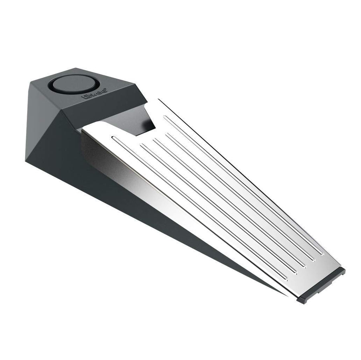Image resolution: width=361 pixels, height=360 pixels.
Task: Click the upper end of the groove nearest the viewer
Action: click(114, 138)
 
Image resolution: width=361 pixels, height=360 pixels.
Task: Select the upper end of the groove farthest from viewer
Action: click(165, 117)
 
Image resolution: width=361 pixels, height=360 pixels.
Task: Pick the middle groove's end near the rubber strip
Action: click(305, 265)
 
